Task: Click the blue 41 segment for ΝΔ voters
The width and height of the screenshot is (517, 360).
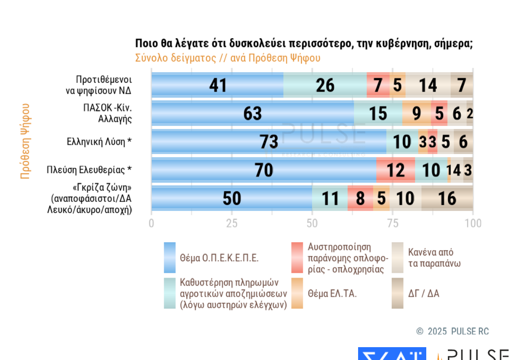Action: (218, 85)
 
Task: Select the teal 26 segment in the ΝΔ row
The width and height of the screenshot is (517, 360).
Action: (325, 85)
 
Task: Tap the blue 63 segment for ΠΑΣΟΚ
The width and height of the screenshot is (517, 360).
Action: (253, 113)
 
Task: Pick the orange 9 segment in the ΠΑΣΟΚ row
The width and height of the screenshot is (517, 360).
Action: (417, 113)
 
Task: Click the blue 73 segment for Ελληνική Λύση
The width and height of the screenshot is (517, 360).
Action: (269, 142)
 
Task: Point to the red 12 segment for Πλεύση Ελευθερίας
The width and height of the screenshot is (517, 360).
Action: (396, 170)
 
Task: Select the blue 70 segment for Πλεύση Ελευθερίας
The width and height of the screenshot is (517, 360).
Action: (264, 170)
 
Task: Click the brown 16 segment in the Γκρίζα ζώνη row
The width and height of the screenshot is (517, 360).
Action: (447, 198)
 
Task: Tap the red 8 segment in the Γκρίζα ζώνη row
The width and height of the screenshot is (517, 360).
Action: (360, 198)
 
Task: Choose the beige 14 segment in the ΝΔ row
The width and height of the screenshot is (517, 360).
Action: (428, 85)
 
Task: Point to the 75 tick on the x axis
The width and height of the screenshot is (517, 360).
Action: (393, 223)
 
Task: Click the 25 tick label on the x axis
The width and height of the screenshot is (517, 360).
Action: (232, 223)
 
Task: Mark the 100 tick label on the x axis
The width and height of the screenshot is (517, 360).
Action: (473, 223)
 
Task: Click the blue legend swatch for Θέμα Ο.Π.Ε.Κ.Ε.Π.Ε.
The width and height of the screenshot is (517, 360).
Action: (170, 257)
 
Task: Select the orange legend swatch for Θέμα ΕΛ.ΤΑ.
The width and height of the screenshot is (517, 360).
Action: (297, 293)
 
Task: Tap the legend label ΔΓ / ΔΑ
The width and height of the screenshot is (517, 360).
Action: (424, 293)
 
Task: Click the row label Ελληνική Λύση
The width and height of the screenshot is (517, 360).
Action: (99, 142)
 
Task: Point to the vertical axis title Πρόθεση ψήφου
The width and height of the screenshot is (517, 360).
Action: (25, 141)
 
